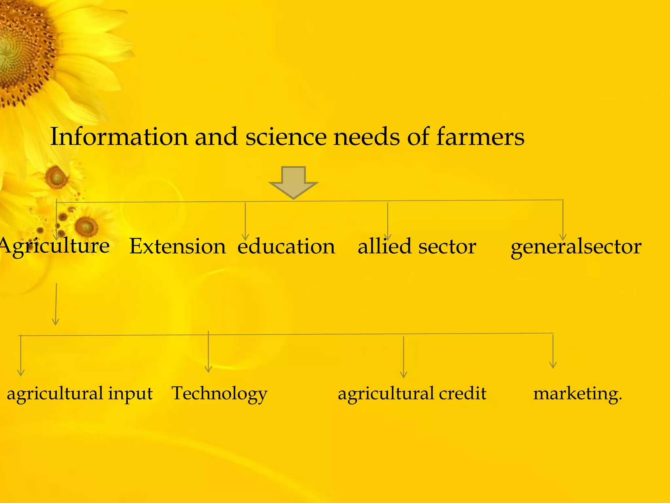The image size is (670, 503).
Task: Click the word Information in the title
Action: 119,137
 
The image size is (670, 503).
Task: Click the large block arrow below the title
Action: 293,182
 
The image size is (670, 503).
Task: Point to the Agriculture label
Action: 54,246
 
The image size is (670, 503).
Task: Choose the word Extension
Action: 177,246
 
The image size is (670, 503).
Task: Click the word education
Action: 286,246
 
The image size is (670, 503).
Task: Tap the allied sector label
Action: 417,246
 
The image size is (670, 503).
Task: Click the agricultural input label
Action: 79,393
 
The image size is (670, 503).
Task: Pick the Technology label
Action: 219,393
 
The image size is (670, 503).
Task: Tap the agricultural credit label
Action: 412,393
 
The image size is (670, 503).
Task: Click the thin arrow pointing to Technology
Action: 208,352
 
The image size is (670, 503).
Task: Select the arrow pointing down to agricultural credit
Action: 404,357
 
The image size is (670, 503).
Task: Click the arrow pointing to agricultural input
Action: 21,356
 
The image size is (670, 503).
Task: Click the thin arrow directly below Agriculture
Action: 56,304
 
